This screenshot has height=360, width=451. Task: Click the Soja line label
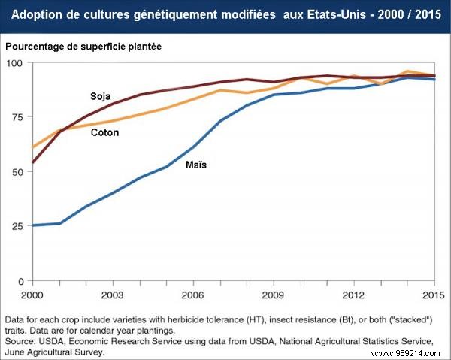101,97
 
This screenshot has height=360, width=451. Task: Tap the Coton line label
104,132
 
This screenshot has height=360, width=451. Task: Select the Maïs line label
196,164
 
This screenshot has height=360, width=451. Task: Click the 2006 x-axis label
193,293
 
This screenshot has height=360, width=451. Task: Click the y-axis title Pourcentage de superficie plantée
83,47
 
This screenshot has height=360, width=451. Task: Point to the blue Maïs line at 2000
34,225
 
